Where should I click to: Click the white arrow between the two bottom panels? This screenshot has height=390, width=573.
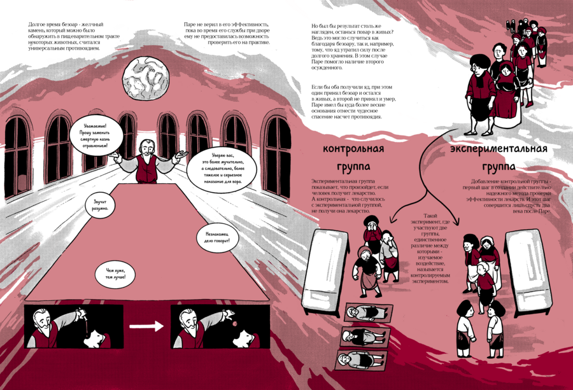[146, 327]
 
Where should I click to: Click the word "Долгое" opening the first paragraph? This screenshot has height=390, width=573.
[39, 24]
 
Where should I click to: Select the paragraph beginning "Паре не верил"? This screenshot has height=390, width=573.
[226, 33]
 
